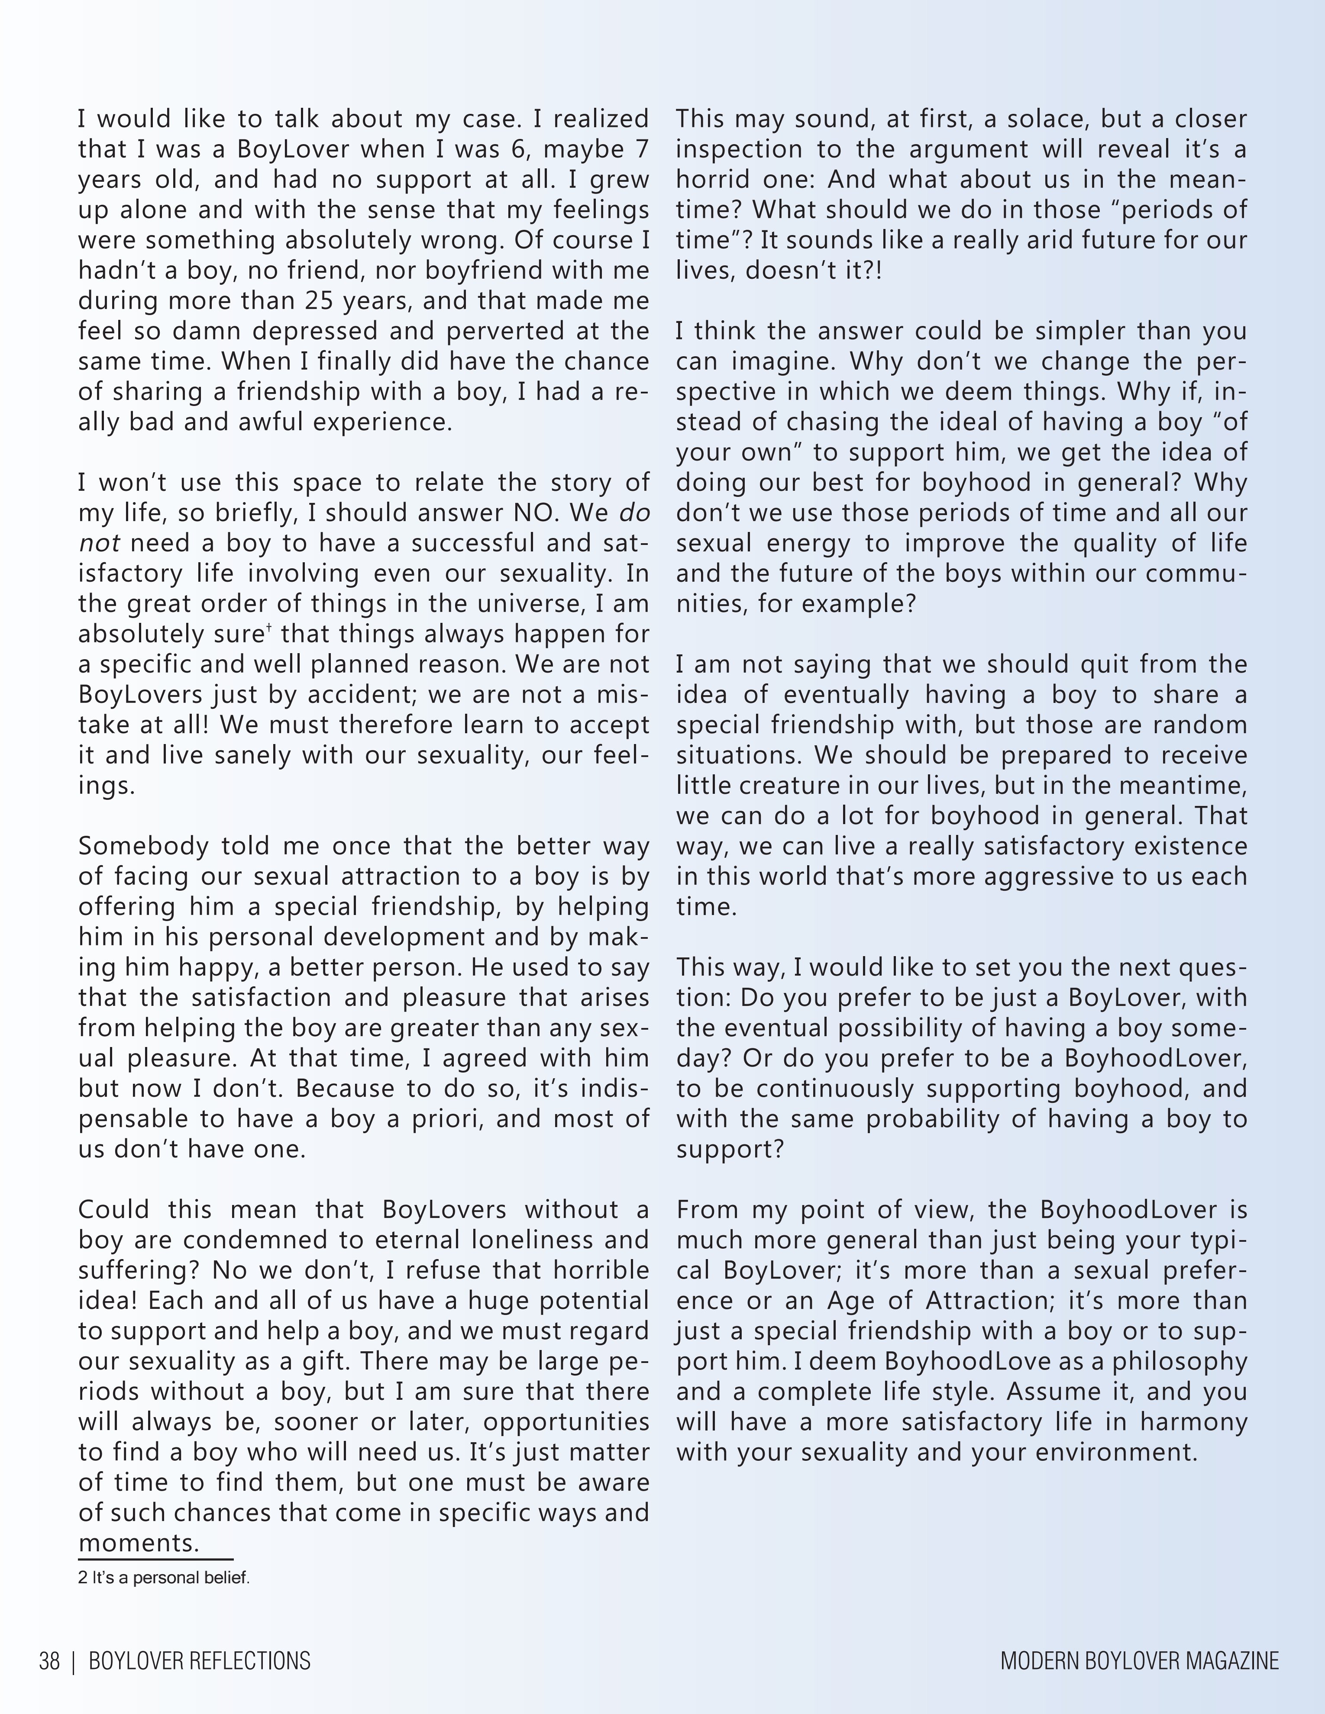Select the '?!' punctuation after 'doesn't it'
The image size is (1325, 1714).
click(x=872, y=271)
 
